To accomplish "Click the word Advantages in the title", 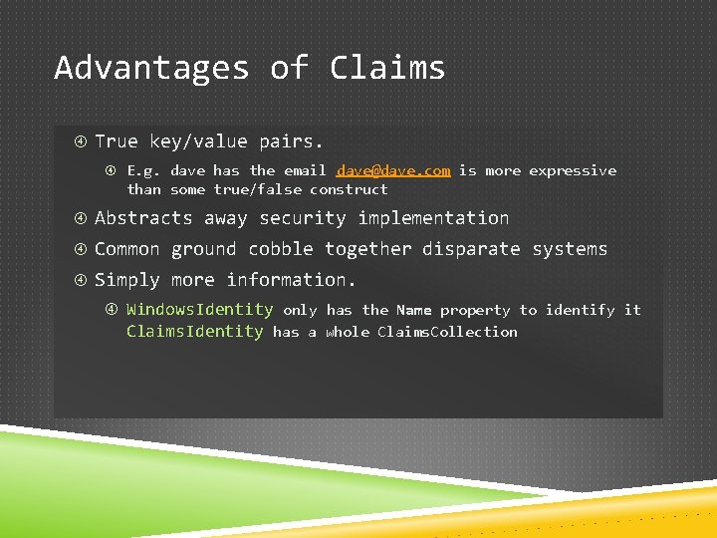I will click(151, 68).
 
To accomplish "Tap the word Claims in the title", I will click(387, 68).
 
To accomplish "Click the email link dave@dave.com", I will click(393, 170).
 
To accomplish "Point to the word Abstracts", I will click(143, 218).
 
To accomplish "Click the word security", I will click(304, 218).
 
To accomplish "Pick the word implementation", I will click(433, 218).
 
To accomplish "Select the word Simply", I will click(127, 280).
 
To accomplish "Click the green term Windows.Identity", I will click(199, 310).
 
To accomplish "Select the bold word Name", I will click(413, 310).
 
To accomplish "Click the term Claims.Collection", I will click(447, 332).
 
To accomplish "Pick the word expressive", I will click(573, 170).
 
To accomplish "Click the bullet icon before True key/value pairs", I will click(81, 141).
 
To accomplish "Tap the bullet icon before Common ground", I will click(81, 249).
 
